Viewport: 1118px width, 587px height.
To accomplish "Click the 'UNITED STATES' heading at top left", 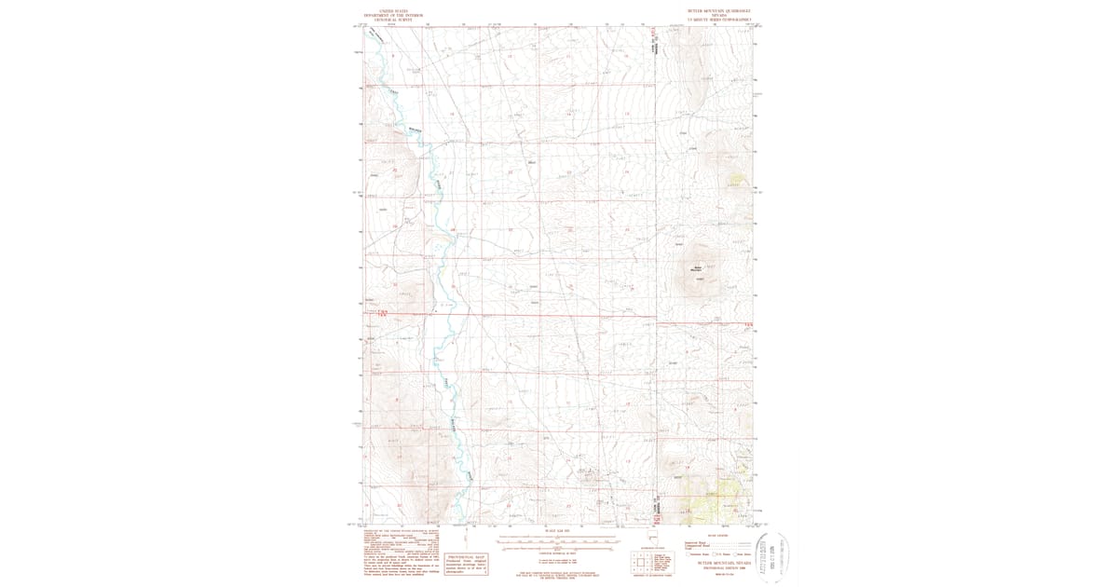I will [386, 12].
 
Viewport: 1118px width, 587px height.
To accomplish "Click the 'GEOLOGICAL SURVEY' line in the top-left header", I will [386, 20].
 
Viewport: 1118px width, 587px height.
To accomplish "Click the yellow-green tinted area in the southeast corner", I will [713, 503].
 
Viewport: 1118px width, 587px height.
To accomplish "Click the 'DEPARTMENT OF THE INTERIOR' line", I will [386, 16].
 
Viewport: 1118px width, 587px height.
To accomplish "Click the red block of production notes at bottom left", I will [399, 556].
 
